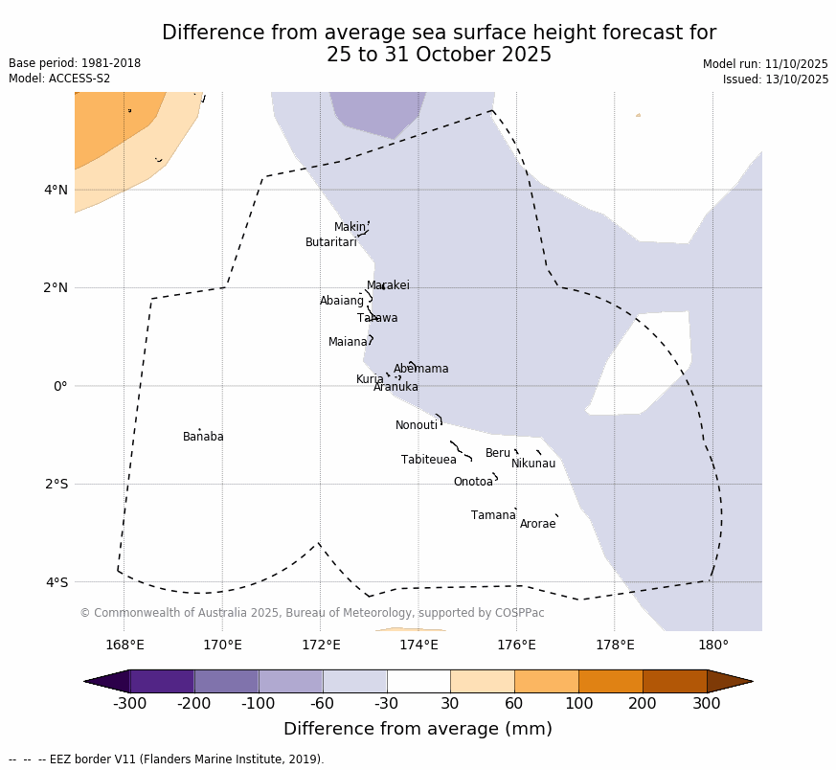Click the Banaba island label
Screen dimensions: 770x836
click(203, 438)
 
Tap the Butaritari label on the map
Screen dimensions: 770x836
click(330, 243)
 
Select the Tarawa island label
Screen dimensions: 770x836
click(377, 319)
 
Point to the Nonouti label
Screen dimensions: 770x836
click(417, 426)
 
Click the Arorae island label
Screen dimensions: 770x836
click(537, 525)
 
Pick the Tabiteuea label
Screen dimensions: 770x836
click(428, 461)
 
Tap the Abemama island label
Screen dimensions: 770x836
click(420, 370)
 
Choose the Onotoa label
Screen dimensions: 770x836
click(473, 483)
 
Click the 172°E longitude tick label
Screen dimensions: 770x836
click(321, 645)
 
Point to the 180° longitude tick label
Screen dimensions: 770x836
click(712, 645)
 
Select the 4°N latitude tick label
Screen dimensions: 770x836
click(56, 190)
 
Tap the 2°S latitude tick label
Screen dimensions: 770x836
click(56, 485)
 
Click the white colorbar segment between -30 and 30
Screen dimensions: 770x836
click(418, 681)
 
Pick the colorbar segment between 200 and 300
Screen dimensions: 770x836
click(674, 681)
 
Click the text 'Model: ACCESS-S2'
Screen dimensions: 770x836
click(59, 79)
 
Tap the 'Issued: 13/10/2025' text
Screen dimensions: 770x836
click(775, 79)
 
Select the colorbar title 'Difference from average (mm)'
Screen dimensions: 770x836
click(418, 729)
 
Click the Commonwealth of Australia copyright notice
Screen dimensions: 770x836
click(311, 613)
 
